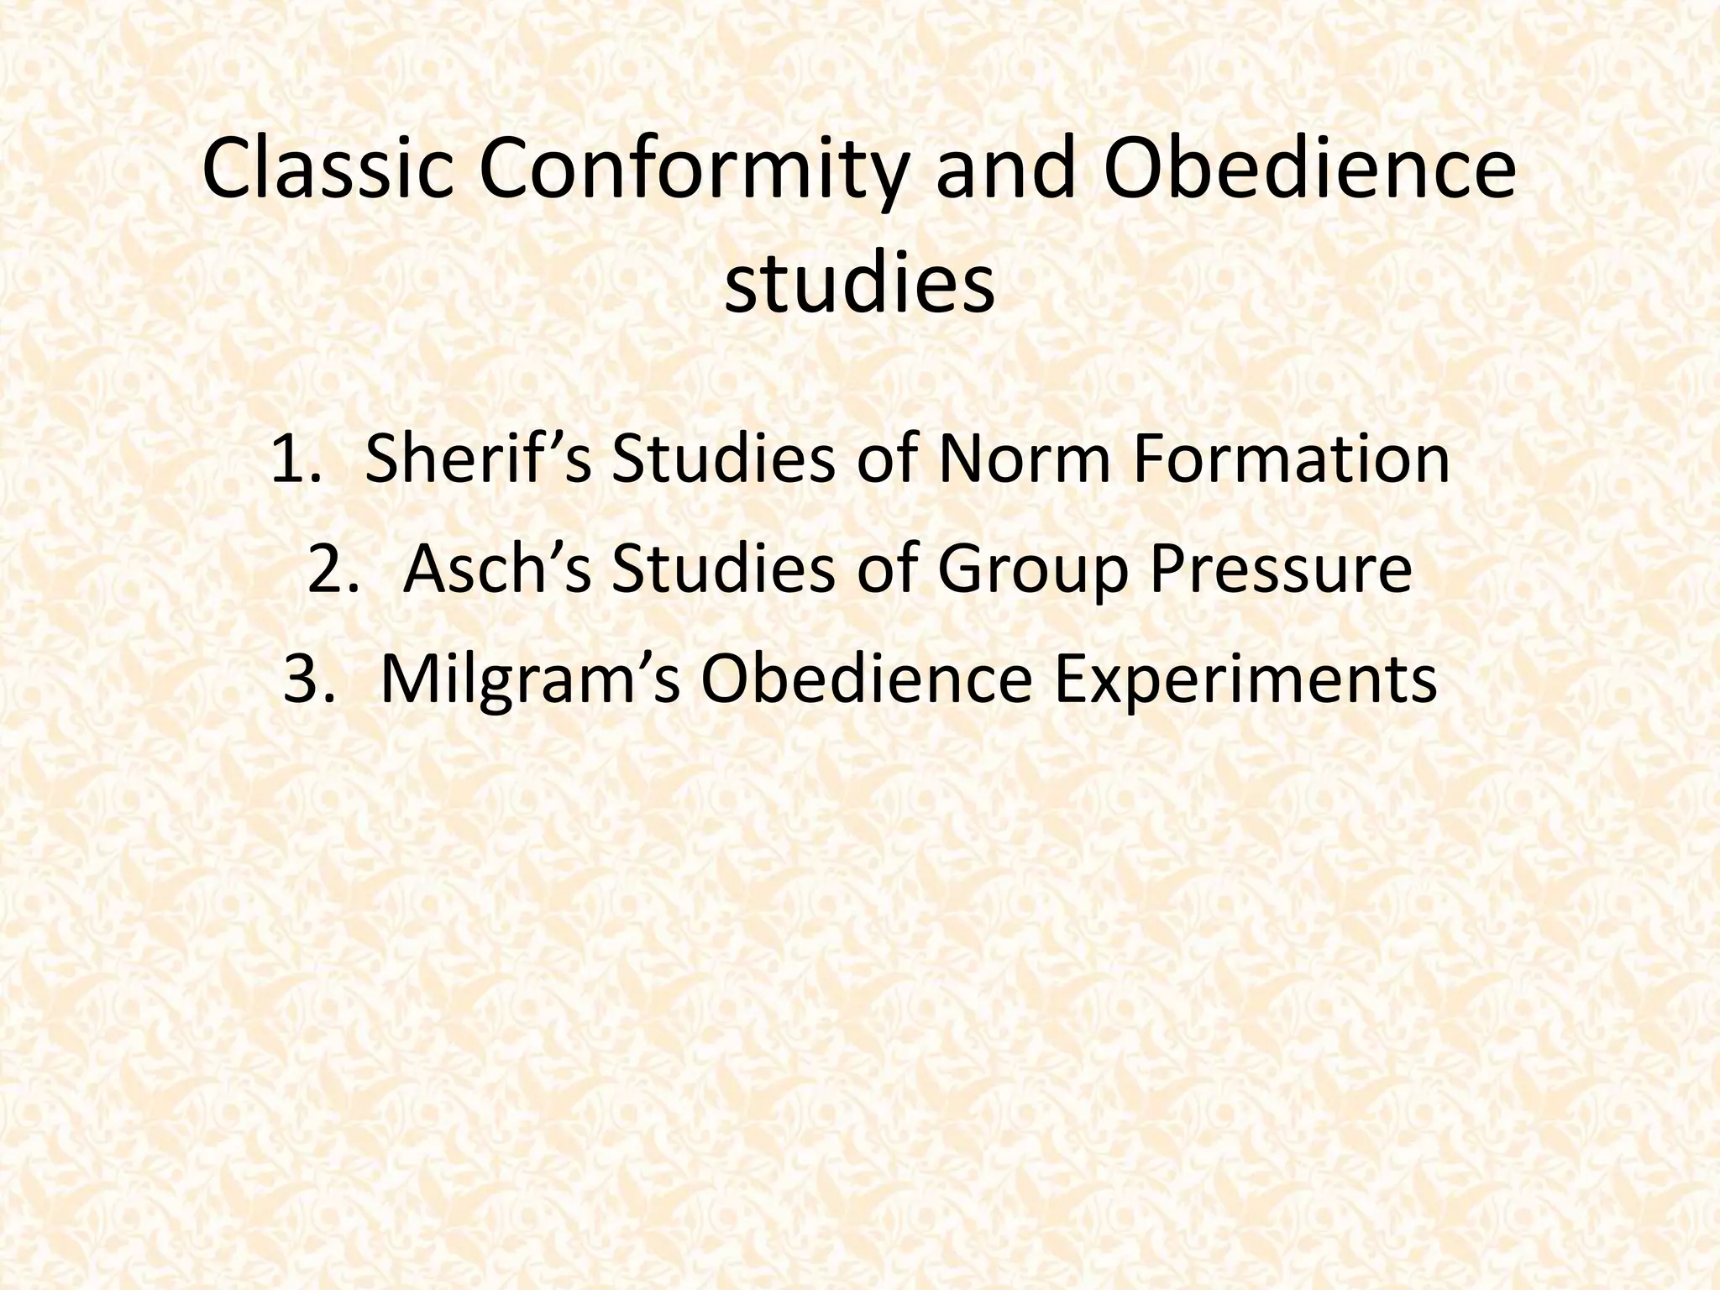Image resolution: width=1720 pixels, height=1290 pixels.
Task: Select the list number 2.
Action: click(x=333, y=569)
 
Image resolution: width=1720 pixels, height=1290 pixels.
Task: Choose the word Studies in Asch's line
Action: click(x=723, y=569)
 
